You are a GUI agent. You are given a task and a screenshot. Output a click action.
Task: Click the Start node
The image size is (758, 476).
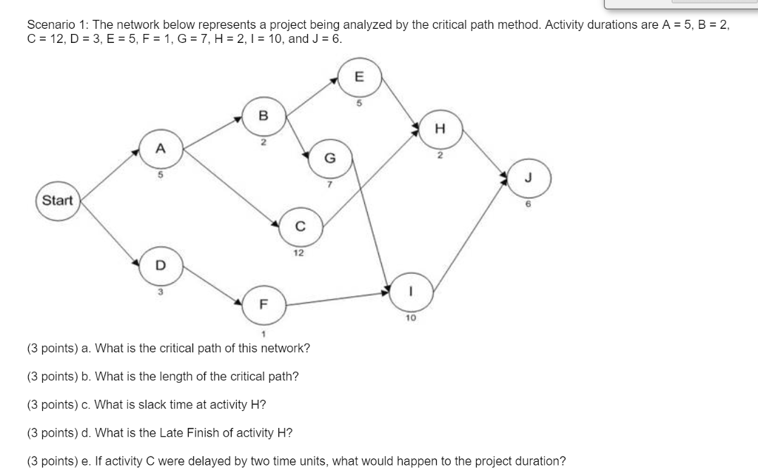coord(58,201)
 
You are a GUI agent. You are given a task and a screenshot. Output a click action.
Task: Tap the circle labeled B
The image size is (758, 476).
coord(262,115)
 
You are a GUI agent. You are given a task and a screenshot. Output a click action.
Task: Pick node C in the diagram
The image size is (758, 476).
coord(300,227)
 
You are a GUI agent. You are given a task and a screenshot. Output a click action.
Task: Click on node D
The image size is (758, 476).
coord(160,265)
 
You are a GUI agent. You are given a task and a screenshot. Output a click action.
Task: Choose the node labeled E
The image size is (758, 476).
coord(360,76)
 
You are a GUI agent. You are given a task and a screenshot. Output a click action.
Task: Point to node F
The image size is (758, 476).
coord(262,304)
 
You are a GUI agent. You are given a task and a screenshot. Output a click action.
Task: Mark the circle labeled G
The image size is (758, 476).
coord(330,158)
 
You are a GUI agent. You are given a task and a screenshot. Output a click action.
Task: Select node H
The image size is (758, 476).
coord(440,129)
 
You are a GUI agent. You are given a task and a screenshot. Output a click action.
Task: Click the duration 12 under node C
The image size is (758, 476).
coord(298,252)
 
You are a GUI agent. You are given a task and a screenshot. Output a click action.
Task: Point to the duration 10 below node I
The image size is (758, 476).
coord(410,317)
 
